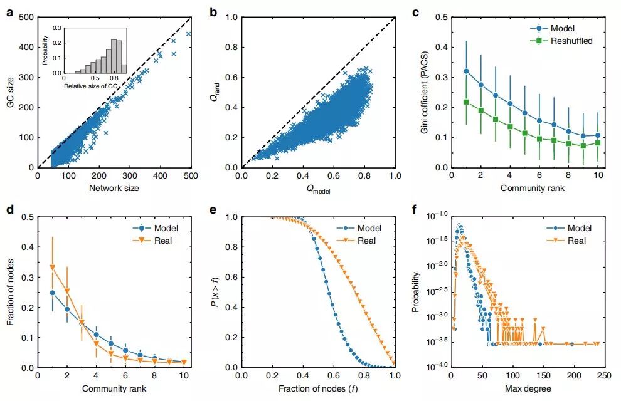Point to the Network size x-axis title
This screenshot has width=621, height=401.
click(x=115, y=188)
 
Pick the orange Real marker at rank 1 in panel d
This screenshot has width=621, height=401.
click(x=53, y=268)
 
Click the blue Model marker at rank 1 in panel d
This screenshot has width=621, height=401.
click(x=53, y=293)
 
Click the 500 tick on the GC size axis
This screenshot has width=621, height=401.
click(x=26, y=18)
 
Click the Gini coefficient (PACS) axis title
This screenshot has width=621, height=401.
click(x=428, y=92)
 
